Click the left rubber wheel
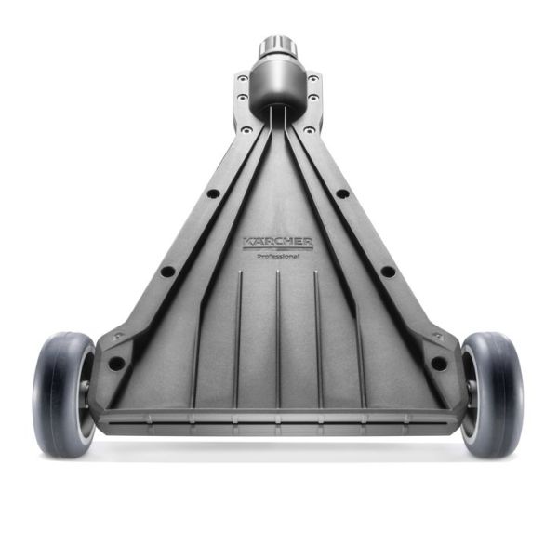click(62, 394)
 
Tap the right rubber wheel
click(494, 394)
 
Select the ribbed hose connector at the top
click(277, 47)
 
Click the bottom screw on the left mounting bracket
click(243, 110)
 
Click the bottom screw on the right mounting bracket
click(312, 110)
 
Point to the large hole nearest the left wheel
click(116, 363)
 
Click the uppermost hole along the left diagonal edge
click(213, 193)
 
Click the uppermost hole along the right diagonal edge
click(342, 193)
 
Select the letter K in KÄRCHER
click(247, 242)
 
